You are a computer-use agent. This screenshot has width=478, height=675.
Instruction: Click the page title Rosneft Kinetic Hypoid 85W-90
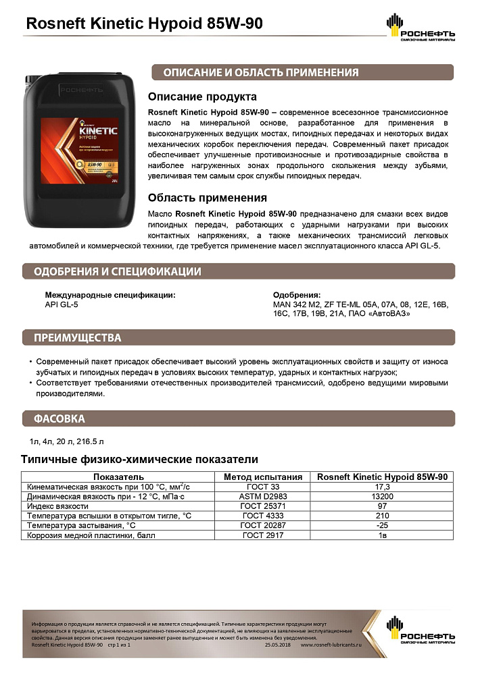pos(143,24)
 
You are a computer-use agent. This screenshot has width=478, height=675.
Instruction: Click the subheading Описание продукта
pos(202,97)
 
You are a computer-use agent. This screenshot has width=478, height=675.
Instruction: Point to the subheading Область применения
pos(207,198)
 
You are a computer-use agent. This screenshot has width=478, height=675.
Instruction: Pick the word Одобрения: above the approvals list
pos(296,296)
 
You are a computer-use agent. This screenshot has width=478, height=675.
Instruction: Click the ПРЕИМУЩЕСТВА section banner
pos(78,337)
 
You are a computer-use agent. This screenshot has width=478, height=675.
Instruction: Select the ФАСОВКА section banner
pos(59,418)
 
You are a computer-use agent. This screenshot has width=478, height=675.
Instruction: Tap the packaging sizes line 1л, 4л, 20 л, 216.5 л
pos(66,443)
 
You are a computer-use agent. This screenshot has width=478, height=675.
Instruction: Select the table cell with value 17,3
pos(383,486)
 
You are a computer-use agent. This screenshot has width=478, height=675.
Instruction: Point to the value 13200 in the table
pos(383,496)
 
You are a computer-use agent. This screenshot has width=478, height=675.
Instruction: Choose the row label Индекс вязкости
pos(57,506)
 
